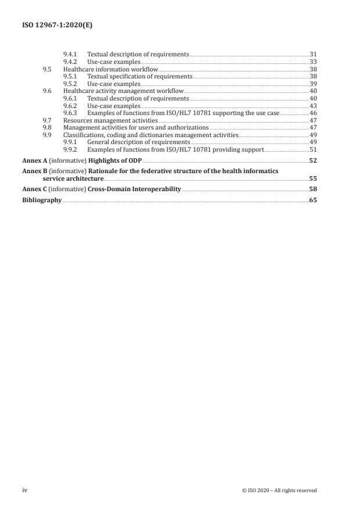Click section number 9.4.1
70,54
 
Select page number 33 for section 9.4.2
312,62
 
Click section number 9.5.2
70,84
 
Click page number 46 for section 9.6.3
312,113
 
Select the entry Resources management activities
110,121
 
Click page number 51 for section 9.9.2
312,150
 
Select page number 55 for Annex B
312,179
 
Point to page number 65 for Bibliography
312,200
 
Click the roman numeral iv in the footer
25,490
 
